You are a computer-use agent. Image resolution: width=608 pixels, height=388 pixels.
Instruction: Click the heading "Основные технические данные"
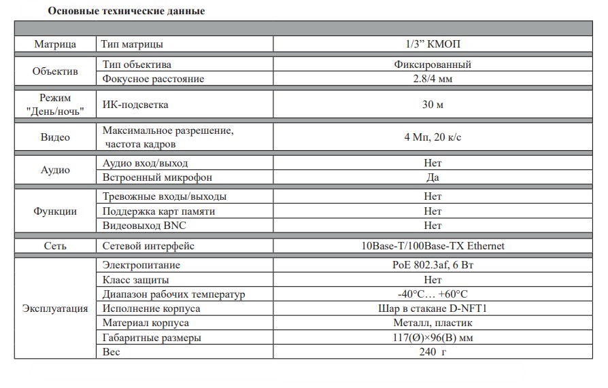[x=126, y=12]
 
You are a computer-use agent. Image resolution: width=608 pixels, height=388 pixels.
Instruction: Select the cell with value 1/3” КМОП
[x=433, y=44]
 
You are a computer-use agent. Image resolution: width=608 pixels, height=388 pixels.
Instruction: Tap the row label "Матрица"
[x=55, y=44]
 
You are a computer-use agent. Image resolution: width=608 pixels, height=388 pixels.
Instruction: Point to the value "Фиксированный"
[x=433, y=65]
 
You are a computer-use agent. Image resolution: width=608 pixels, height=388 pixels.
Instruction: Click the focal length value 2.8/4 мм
[x=433, y=79]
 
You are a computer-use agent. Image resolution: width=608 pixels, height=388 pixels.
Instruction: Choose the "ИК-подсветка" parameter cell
[x=135, y=105]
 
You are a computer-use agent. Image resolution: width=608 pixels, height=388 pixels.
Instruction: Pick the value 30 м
[x=433, y=105]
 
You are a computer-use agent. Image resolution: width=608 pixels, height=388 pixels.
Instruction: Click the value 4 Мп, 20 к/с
[x=433, y=137]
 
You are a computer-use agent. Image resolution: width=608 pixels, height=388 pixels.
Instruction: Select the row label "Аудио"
[x=55, y=170]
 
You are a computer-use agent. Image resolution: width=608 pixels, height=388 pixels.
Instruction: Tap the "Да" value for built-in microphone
[x=433, y=177]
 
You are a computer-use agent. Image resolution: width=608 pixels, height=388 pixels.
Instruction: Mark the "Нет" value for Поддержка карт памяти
[x=433, y=211]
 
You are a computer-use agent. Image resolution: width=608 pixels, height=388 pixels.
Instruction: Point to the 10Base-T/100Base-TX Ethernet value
[x=433, y=246]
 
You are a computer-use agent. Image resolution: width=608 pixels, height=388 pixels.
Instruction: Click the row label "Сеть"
[x=55, y=246]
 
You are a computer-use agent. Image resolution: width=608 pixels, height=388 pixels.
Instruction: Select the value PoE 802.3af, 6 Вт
[x=433, y=265]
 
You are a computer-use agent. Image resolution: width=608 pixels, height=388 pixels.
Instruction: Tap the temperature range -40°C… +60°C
[x=433, y=294]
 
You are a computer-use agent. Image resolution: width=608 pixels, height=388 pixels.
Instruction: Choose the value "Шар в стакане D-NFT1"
[x=433, y=308]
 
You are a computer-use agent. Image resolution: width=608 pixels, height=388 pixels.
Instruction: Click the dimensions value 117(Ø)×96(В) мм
[x=433, y=337]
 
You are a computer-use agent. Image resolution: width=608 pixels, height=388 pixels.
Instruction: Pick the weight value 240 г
[x=433, y=351]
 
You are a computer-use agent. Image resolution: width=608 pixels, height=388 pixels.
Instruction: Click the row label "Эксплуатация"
[x=55, y=308]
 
